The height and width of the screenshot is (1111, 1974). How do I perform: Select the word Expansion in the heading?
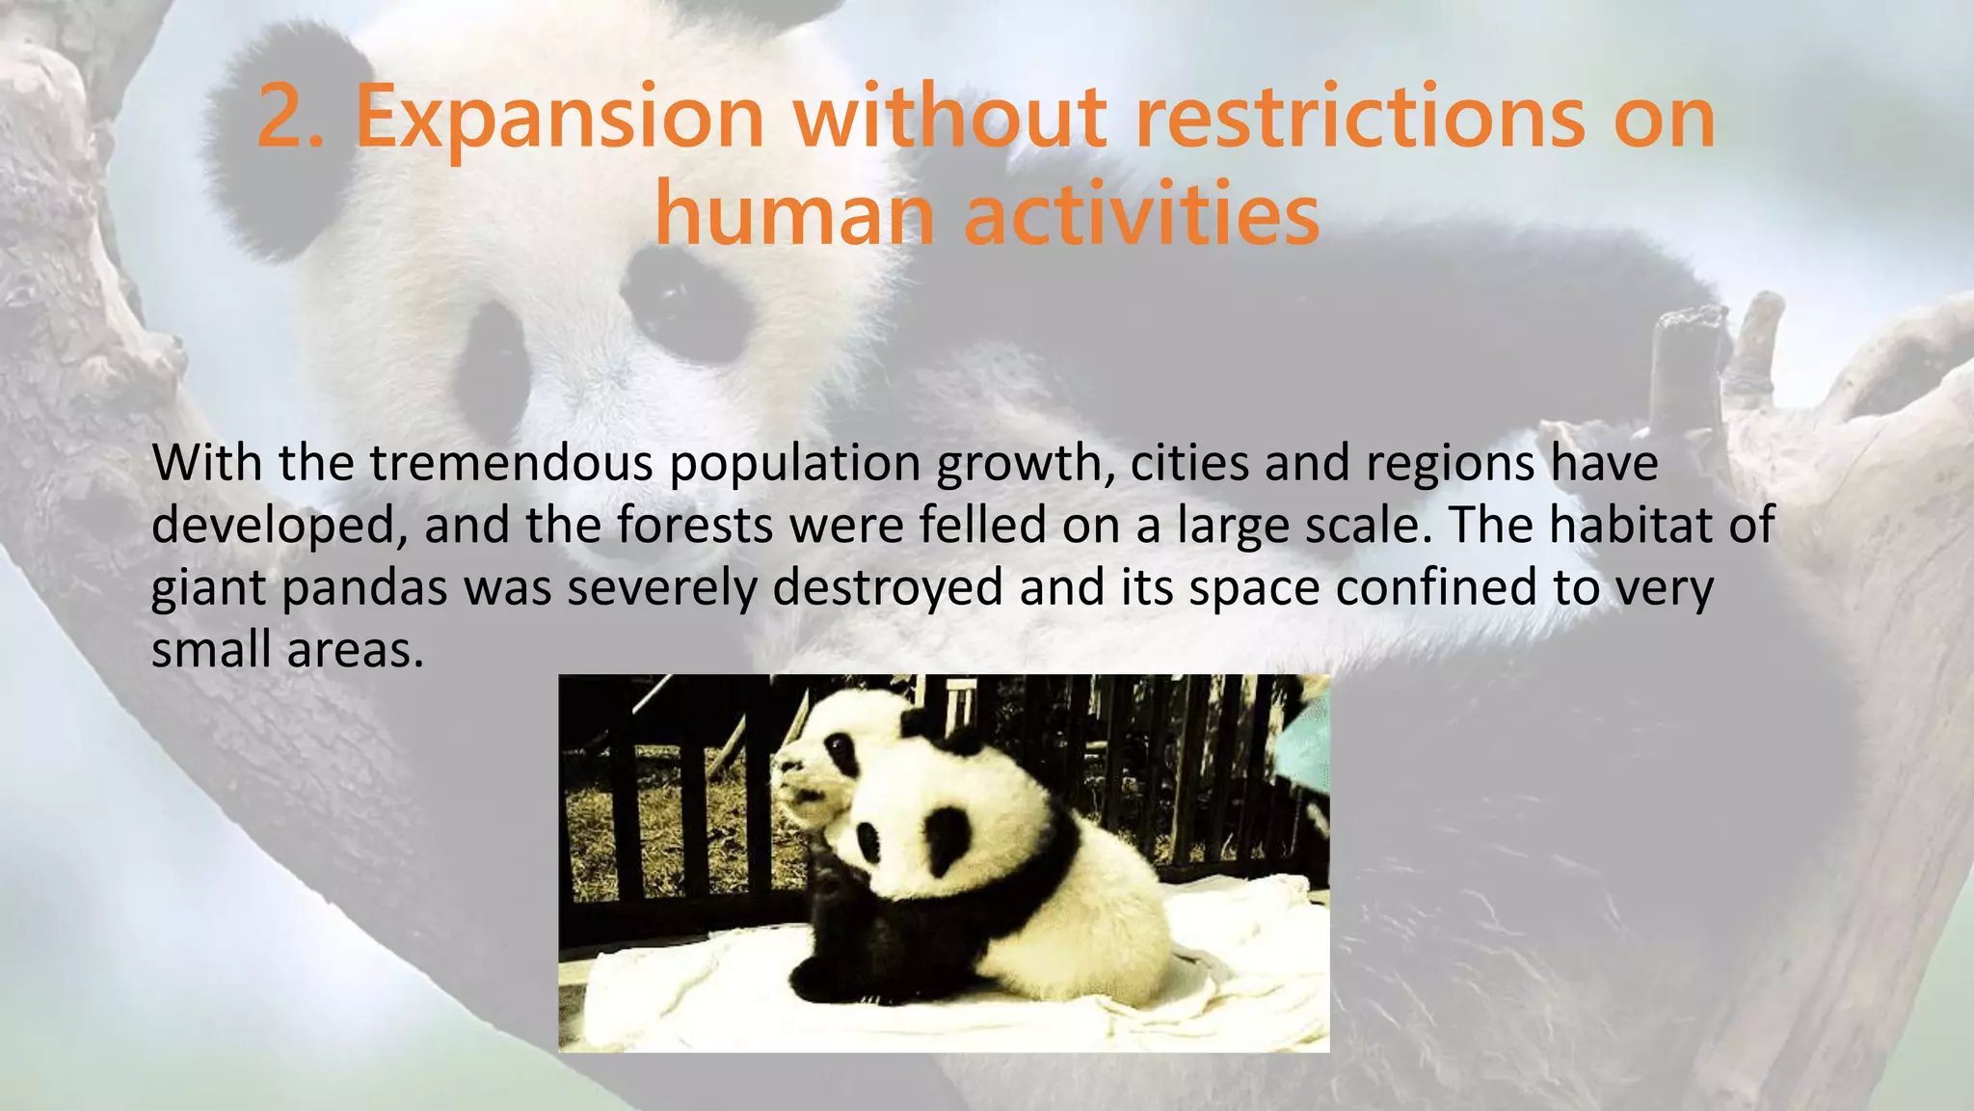click(x=559, y=120)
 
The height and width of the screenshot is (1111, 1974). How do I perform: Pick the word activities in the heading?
click(x=1141, y=214)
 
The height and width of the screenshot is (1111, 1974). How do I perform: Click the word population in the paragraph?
click(x=794, y=465)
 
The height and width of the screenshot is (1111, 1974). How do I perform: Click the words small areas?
click(x=287, y=650)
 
